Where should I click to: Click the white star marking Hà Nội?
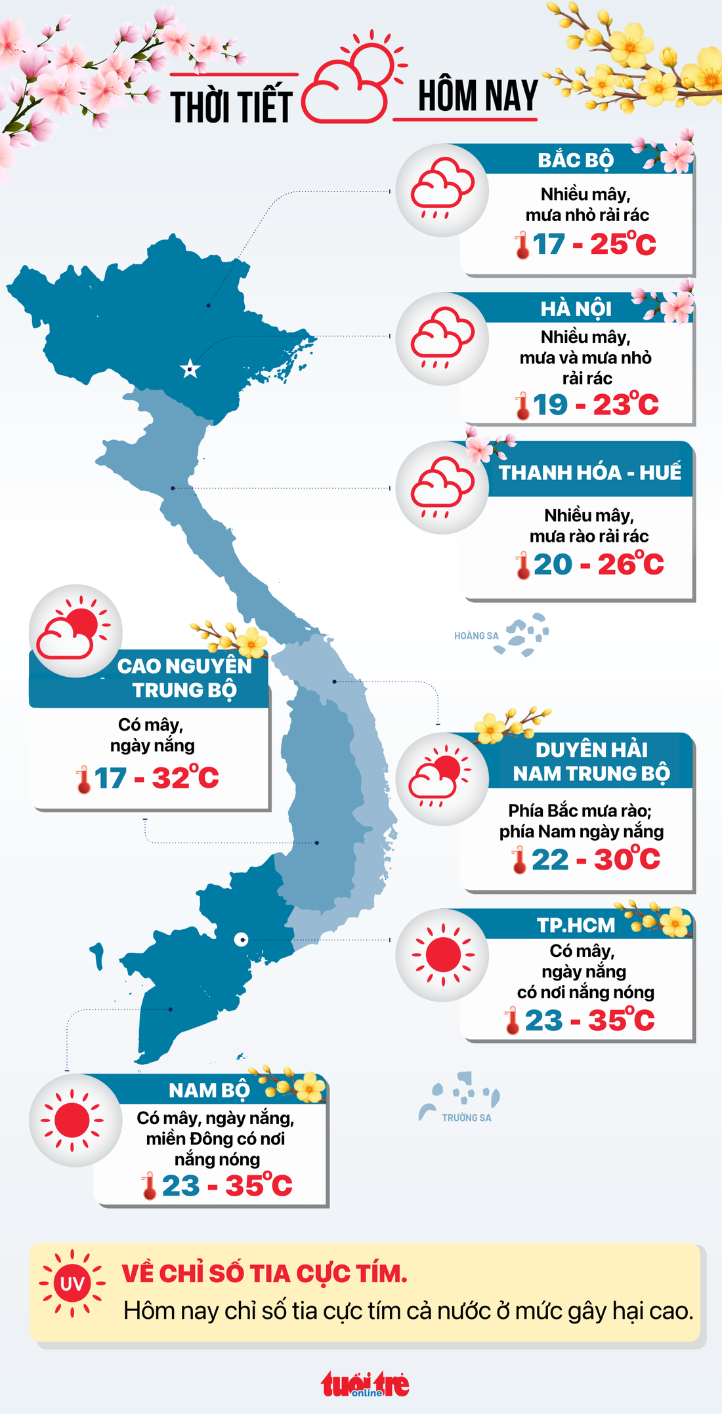pyautogui.click(x=190, y=369)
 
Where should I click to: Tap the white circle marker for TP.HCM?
pyautogui.click(x=241, y=939)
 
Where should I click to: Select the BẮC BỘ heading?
pyautogui.click(x=575, y=160)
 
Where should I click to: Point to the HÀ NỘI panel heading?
pyautogui.click(x=576, y=308)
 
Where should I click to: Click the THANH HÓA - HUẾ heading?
pyautogui.click(x=589, y=472)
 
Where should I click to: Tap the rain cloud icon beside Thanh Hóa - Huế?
pyautogui.click(x=442, y=487)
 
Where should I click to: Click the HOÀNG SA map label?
pyautogui.click(x=476, y=636)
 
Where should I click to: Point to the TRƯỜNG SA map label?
pyautogui.click(x=466, y=1118)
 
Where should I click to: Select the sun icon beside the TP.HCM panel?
pyautogui.click(x=442, y=955)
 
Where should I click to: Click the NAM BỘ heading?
pyautogui.click(x=209, y=1090)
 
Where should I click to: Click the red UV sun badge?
pyautogui.click(x=72, y=1283)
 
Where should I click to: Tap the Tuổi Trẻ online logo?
pyautogui.click(x=365, y=1384)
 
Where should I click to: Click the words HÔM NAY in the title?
pyautogui.click(x=477, y=96)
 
